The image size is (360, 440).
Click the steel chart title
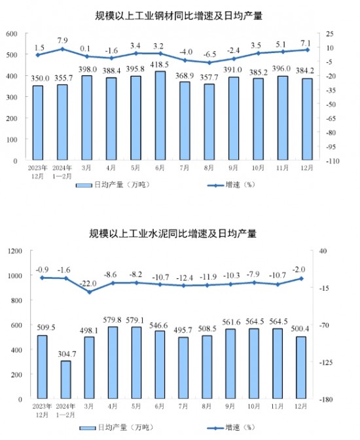point(179,16)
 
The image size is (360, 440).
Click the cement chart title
point(173,233)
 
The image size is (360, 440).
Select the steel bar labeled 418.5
point(160,116)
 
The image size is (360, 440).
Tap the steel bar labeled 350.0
point(38,123)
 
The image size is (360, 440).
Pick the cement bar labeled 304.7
point(66,379)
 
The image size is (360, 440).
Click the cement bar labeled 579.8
point(113,362)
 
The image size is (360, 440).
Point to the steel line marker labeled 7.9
point(62,49)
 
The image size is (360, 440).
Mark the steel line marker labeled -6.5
point(209,63)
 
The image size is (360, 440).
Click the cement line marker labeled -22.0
point(90,292)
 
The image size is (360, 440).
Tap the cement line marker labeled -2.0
point(301,278)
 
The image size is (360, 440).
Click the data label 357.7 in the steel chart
point(209,77)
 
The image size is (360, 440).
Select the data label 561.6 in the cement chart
point(231,322)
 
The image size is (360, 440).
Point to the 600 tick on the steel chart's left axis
point(12,33)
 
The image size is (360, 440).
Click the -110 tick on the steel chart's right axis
point(333,161)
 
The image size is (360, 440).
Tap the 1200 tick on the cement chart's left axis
point(15,251)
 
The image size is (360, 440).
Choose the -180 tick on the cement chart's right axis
point(326,399)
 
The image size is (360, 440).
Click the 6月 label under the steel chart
point(160,168)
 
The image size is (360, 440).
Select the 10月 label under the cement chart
point(254,407)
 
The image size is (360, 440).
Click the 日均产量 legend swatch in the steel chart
point(84,185)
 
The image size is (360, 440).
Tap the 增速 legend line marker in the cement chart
point(215,428)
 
